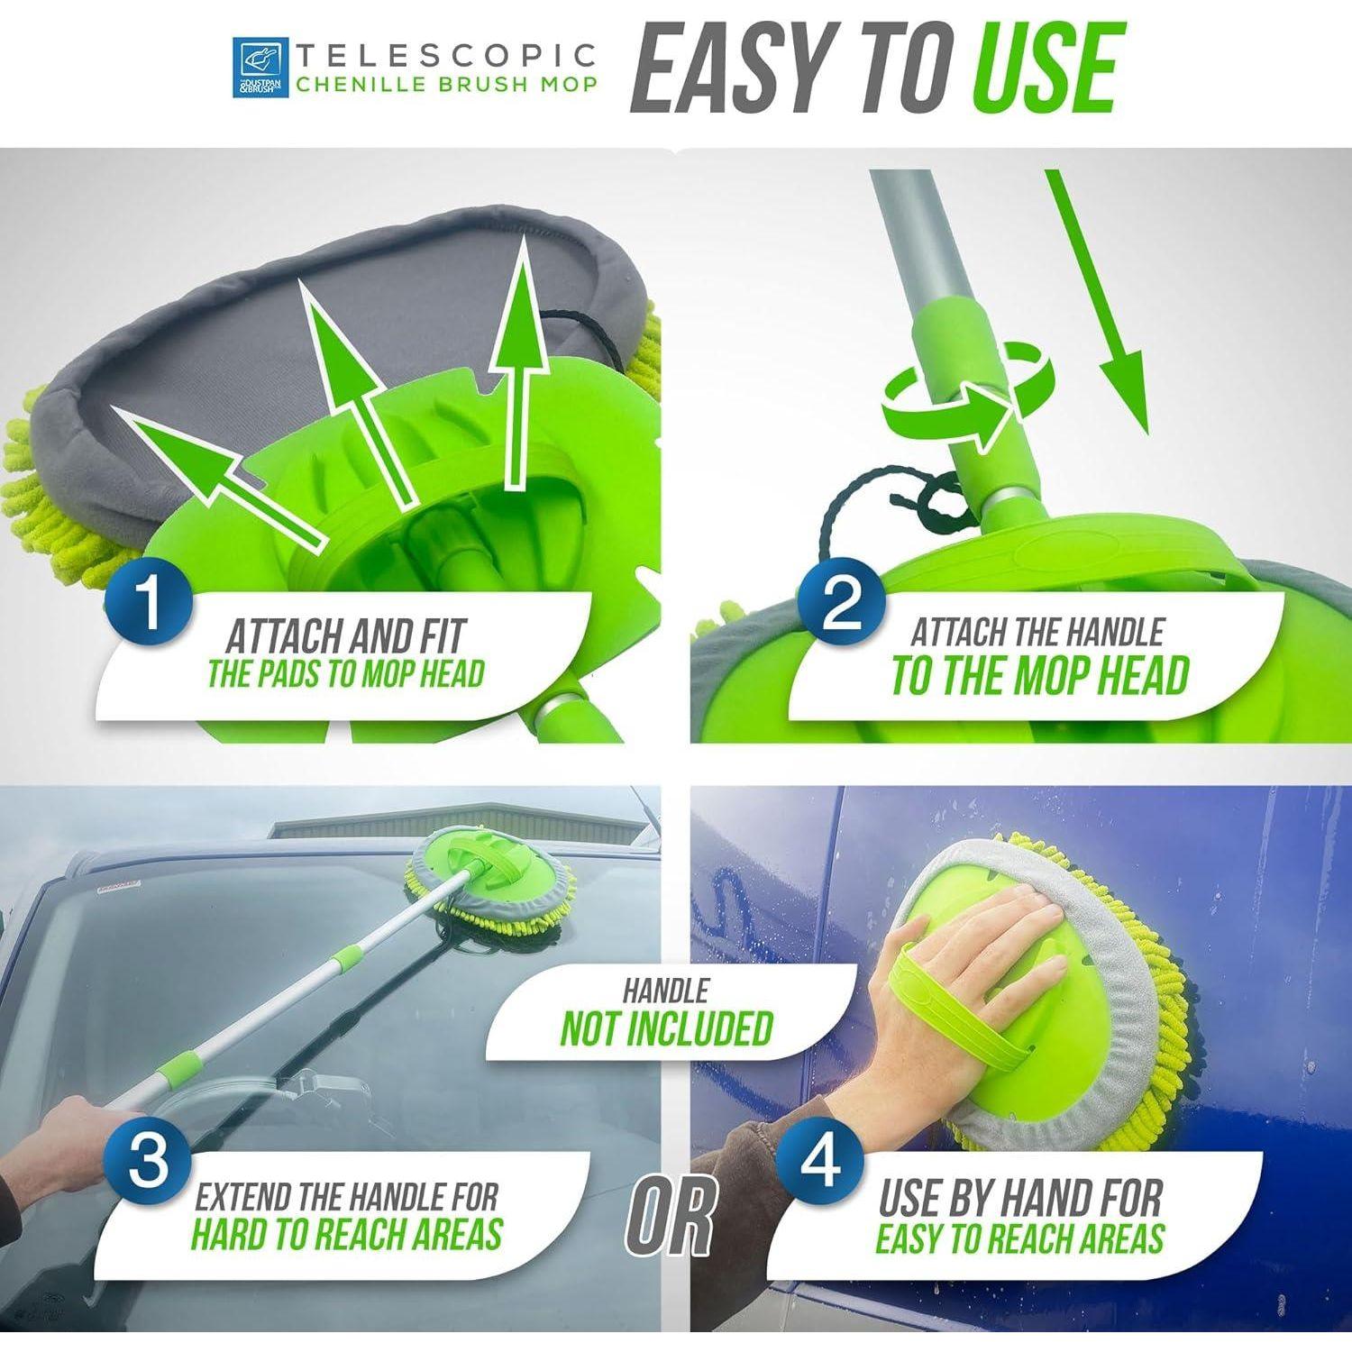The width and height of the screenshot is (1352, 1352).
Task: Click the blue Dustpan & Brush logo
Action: [261, 67]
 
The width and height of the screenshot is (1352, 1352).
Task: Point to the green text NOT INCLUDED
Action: [667, 1028]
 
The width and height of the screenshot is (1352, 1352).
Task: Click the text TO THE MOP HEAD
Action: [1040, 676]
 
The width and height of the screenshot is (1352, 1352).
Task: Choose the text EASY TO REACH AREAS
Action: [1019, 1238]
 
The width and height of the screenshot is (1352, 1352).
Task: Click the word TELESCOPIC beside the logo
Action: [447, 55]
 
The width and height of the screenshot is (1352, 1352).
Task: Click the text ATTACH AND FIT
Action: [345, 637]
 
